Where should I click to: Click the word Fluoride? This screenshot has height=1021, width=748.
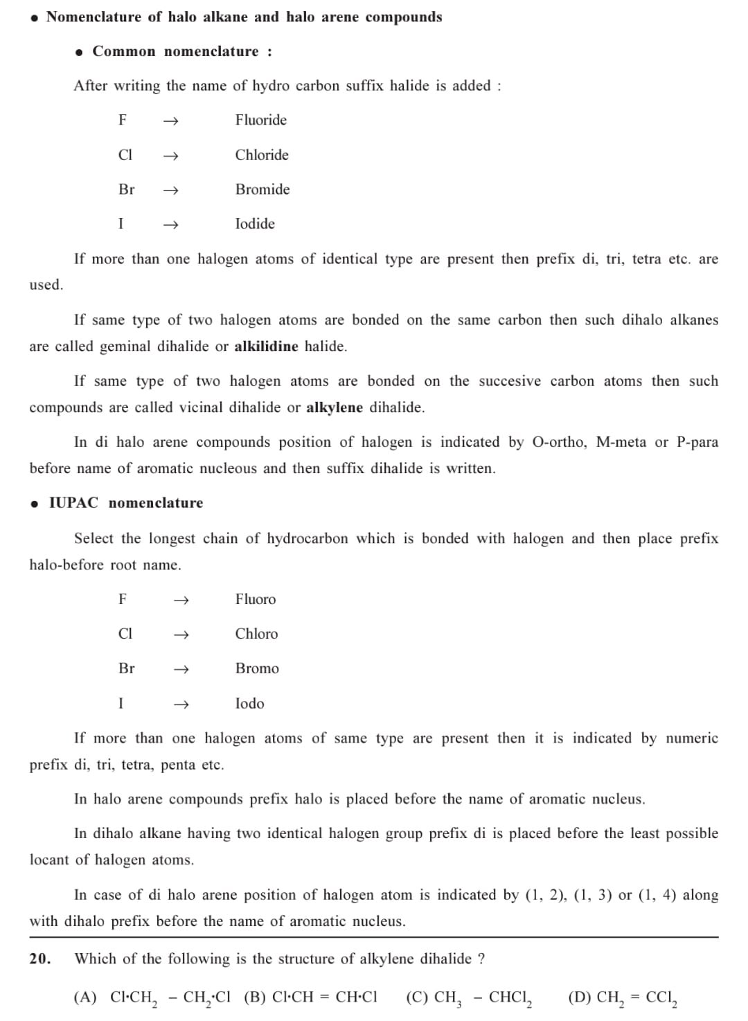pos(260,120)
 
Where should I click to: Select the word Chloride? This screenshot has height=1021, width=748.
pos(262,154)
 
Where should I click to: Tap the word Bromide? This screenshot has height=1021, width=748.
pos(262,189)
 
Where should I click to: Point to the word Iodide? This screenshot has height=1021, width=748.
pos(255,224)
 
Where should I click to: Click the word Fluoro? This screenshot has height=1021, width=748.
pos(256,599)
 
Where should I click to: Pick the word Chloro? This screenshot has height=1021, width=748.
pos(256,634)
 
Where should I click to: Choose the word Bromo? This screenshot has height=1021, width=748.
pos(257,668)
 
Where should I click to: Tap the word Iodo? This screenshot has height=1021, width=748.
pos(249,703)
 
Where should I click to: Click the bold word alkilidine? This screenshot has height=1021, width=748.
pos(266,346)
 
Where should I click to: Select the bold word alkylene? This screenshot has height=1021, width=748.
pos(335,407)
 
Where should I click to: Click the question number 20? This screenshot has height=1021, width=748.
pos(40,959)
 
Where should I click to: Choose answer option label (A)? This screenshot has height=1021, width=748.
pos(85,997)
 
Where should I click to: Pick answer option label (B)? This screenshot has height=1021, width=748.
pos(255,997)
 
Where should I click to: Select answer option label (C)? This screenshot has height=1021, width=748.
pos(417,997)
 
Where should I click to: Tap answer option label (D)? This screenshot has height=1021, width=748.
pos(579,997)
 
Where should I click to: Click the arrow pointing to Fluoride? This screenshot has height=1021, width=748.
pos(170,121)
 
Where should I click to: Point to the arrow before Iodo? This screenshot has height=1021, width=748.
pos(181,704)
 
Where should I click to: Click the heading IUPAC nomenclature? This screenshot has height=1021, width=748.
pos(126,503)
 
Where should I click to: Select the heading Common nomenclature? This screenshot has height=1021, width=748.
pos(182,51)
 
